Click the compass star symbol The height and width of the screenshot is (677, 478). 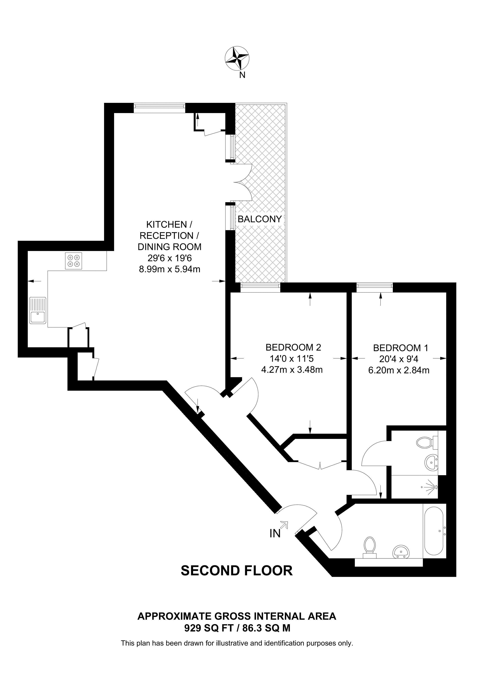237,58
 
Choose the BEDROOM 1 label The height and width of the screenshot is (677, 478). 400,348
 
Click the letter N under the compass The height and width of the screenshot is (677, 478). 242,75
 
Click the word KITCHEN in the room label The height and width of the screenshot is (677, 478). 166,224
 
